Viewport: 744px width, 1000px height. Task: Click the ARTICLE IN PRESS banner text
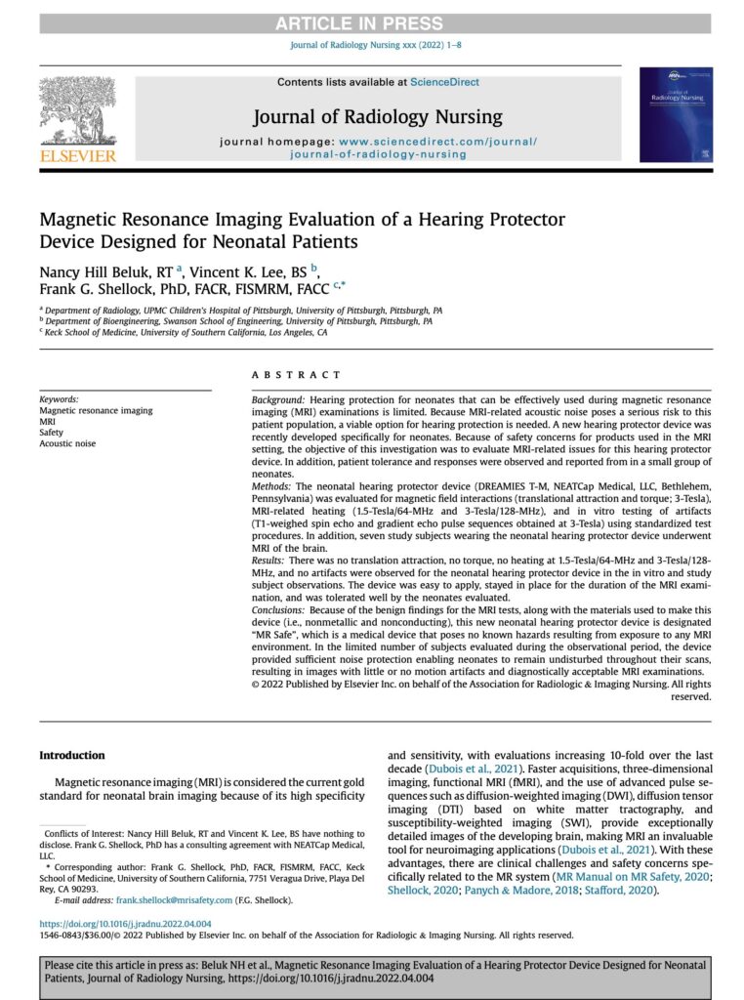point(371,23)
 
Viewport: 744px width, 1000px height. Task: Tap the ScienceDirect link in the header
point(444,82)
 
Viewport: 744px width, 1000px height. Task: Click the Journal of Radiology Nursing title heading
point(377,117)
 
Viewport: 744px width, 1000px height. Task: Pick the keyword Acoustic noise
point(67,443)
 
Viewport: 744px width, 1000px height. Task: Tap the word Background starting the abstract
point(277,401)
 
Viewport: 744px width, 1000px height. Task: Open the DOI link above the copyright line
point(125,922)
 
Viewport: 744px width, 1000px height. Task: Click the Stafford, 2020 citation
point(622,892)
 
